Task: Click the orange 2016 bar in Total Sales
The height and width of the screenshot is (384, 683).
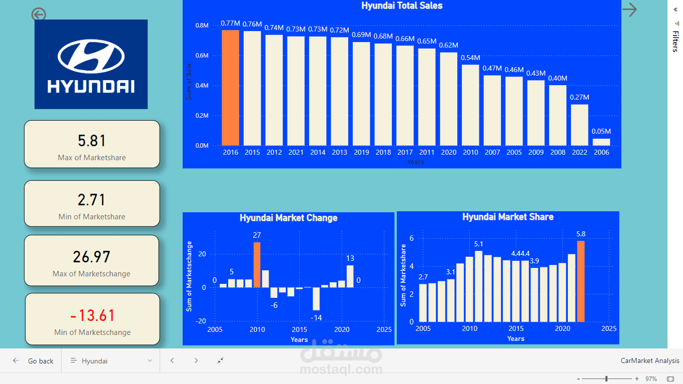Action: tap(230, 88)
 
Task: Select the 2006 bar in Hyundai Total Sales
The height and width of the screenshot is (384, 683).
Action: tap(601, 142)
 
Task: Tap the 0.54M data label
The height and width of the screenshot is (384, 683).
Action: tap(470, 58)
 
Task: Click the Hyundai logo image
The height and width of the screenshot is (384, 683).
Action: tap(91, 64)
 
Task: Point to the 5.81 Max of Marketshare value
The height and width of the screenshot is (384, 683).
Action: tap(92, 141)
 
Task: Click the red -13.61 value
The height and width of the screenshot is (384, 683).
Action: tap(93, 315)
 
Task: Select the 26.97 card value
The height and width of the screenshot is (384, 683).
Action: tap(92, 257)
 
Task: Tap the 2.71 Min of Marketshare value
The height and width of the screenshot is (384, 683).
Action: tap(92, 200)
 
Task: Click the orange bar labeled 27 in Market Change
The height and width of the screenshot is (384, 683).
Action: tap(257, 265)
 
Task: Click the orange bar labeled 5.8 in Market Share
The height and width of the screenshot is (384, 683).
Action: tap(580, 281)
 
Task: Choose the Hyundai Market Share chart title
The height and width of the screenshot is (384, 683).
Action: tap(507, 217)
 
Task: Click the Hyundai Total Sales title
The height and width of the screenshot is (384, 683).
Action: tap(402, 6)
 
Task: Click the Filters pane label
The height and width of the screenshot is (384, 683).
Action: tap(675, 42)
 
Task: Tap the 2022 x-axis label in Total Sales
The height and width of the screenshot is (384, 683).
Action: tap(579, 152)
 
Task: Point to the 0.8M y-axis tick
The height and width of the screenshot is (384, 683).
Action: tap(202, 26)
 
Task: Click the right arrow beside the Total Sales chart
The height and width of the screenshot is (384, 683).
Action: tap(629, 10)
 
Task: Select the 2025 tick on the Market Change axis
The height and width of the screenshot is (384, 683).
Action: tap(384, 329)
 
